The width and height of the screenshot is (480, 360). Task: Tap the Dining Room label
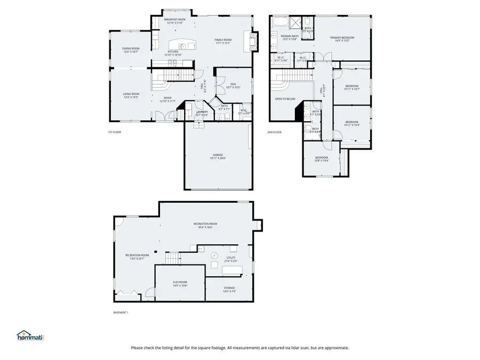[131, 50]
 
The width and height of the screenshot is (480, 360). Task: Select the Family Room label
[223, 42]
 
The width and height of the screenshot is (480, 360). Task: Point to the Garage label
[218, 157]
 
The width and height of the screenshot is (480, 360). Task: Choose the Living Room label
[131, 95]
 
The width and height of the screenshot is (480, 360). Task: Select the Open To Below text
[285, 99]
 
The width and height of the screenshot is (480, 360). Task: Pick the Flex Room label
[180, 283]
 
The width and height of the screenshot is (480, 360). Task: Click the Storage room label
[229, 289]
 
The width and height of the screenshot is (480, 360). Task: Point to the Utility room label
[231, 259]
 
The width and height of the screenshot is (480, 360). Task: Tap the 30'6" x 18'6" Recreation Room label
[205, 225]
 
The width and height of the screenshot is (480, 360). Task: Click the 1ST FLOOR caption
[114, 132]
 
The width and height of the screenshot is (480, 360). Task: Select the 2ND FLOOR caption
[275, 132]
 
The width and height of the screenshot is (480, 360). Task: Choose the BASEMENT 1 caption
[121, 313]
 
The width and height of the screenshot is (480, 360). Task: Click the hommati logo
[30, 336]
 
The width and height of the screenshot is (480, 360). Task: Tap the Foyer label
[167, 99]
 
